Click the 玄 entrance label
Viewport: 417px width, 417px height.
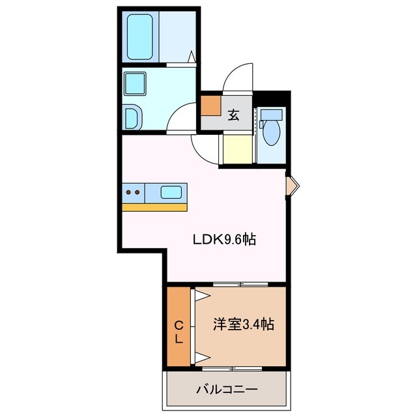click(x=233, y=116)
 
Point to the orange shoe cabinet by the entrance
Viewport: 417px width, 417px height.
click(x=210, y=105)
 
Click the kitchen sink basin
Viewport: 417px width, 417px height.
click(x=171, y=192)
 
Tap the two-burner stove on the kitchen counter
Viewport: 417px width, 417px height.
click(x=133, y=192)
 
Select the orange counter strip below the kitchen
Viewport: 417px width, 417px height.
click(x=154, y=207)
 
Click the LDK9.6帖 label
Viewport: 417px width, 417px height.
click(x=223, y=239)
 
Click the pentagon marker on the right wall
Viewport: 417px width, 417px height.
click(x=293, y=186)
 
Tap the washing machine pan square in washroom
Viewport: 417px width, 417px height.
click(x=137, y=83)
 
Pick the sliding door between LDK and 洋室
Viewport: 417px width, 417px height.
click(x=240, y=284)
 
